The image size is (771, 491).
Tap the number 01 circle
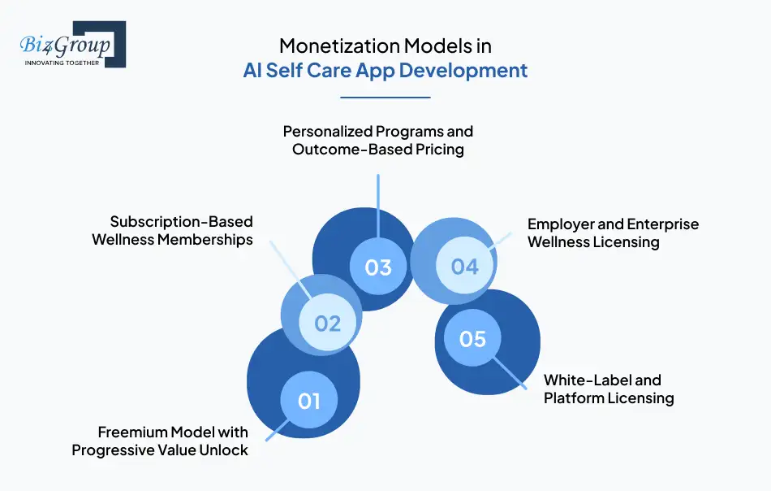pos(309,401)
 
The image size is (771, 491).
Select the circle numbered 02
pos(327,324)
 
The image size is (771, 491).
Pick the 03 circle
pos(378,267)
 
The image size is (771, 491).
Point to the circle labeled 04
pos(464,266)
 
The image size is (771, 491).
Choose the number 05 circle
pos(472,338)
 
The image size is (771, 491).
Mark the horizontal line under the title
pos(385,98)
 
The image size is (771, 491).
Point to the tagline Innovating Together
pos(62,63)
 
